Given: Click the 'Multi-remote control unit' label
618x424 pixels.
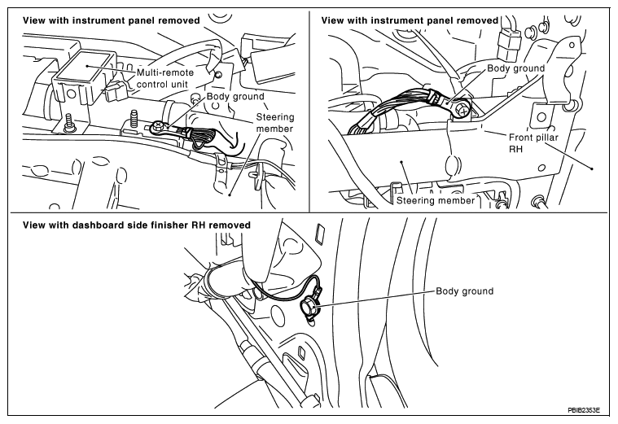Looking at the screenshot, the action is [x=165, y=78].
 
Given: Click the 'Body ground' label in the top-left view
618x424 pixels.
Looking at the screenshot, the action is [x=235, y=97].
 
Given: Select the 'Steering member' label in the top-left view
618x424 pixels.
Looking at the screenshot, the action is [x=274, y=123].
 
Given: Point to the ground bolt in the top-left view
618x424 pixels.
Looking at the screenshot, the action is [x=158, y=126].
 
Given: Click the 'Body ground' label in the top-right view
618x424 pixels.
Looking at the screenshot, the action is [x=516, y=68].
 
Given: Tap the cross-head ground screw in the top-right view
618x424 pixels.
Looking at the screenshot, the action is [x=463, y=111].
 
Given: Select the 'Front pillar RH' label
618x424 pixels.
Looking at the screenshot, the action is [x=533, y=143].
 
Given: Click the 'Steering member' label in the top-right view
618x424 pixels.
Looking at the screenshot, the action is [x=436, y=200].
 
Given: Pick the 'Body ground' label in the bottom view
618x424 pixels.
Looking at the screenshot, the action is [x=465, y=291].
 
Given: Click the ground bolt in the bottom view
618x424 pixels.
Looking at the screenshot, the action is [x=308, y=306].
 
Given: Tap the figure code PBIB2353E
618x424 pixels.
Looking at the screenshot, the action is [x=584, y=410].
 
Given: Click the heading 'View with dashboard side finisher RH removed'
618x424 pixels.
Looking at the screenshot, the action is [x=136, y=225].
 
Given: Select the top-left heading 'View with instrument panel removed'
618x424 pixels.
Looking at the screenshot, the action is [x=112, y=20].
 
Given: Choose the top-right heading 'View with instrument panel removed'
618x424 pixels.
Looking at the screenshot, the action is [x=410, y=20].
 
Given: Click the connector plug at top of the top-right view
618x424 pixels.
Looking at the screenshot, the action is [x=508, y=43].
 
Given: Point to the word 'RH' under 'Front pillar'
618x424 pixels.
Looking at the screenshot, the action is [x=516, y=149].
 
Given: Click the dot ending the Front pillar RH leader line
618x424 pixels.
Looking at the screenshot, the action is [x=592, y=168].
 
